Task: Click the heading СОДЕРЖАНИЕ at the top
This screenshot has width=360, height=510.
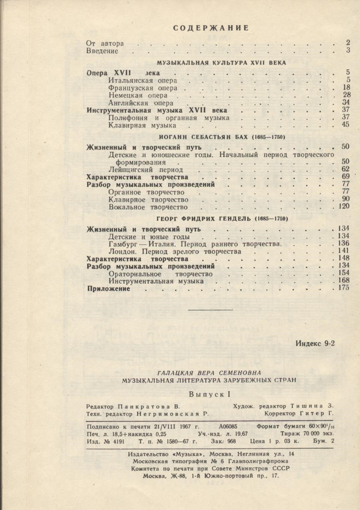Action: pyautogui.click(x=211, y=28)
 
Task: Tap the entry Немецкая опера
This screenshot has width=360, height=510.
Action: pyautogui.click(x=138, y=95)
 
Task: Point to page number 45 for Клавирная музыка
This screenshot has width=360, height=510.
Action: pyautogui.click(x=345, y=125)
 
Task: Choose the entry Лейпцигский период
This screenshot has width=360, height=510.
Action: pyautogui.click(x=141, y=170)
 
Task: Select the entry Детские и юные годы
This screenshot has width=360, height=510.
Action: pyautogui.click(x=149, y=237)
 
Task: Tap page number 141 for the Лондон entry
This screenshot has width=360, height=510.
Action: pyautogui.click(x=343, y=251)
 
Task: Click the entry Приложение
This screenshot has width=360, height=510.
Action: pyautogui.click(x=109, y=289)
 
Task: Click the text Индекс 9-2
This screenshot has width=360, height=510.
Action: pyautogui.click(x=315, y=344)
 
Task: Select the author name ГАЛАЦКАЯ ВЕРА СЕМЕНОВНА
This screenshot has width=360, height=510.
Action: pyautogui.click(x=209, y=373)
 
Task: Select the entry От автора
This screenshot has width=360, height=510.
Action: pyautogui.click(x=105, y=43)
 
